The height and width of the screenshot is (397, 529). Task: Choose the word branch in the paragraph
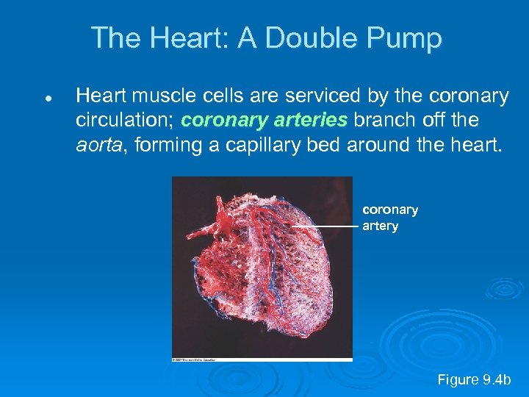[383, 120]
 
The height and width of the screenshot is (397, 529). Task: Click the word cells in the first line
[219, 96]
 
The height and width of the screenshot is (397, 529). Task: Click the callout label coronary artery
[389, 218]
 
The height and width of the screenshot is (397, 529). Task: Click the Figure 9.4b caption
[473, 379]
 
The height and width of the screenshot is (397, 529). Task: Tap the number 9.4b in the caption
[496, 379]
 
